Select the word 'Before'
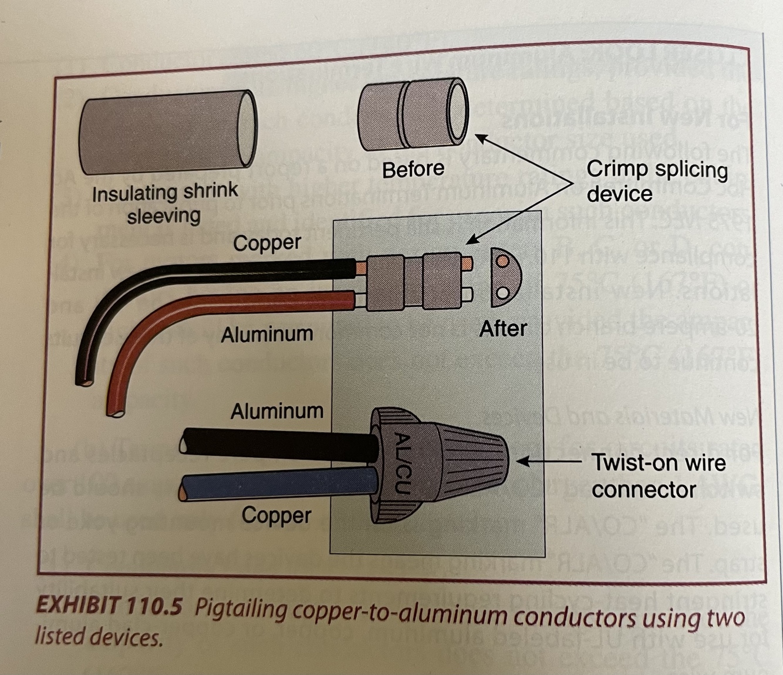coord(413,169)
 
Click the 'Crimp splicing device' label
coord(656,181)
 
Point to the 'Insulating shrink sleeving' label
coord(164,203)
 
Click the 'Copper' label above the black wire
coord(267,243)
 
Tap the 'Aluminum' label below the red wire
coord(266,335)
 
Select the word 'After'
coord(503,329)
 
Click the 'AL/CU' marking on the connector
coord(403,464)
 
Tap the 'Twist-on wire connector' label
coord(657,475)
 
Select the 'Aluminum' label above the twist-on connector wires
coord(276,411)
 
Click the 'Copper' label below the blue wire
coord(276,515)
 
